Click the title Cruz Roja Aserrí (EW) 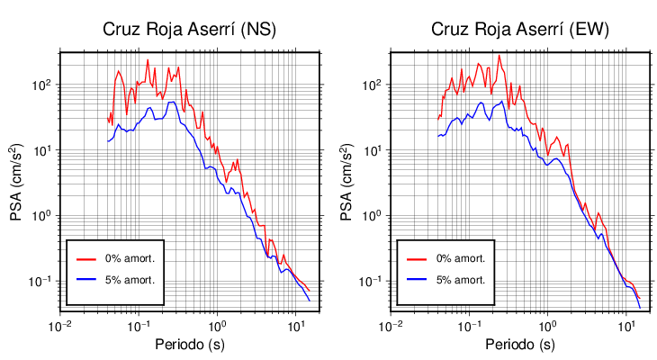click(519, 30)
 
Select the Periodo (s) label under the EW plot click(519, 345)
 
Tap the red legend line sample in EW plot click(417, 258)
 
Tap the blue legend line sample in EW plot click(417, 279)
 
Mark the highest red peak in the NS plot click(148, 60)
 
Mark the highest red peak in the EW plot click(499, 55)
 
